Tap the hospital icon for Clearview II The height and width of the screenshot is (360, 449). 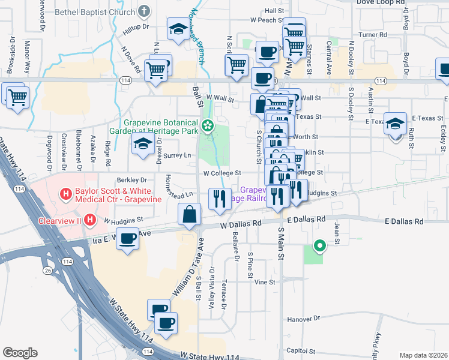[89, 220]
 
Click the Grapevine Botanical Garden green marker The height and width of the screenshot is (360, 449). [208, 126]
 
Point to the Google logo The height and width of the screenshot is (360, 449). [20, 352]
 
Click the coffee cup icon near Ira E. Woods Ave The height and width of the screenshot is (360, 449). [128, 238]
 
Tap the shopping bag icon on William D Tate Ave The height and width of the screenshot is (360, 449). [190, 214]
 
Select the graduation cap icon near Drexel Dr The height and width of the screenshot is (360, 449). [143, 145]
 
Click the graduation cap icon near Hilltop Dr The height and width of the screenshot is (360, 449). [178, 29]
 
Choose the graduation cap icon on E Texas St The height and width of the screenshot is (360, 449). [396, 124]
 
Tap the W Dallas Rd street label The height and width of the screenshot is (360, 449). [241, 224]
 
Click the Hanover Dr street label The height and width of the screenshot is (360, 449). [305, 319]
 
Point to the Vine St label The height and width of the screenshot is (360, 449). [264, 281]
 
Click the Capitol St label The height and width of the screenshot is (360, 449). [300, 351]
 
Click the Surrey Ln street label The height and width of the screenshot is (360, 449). [181, 155]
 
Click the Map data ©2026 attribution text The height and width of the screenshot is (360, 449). [423, 355]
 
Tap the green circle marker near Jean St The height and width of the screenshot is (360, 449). [320, 245]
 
